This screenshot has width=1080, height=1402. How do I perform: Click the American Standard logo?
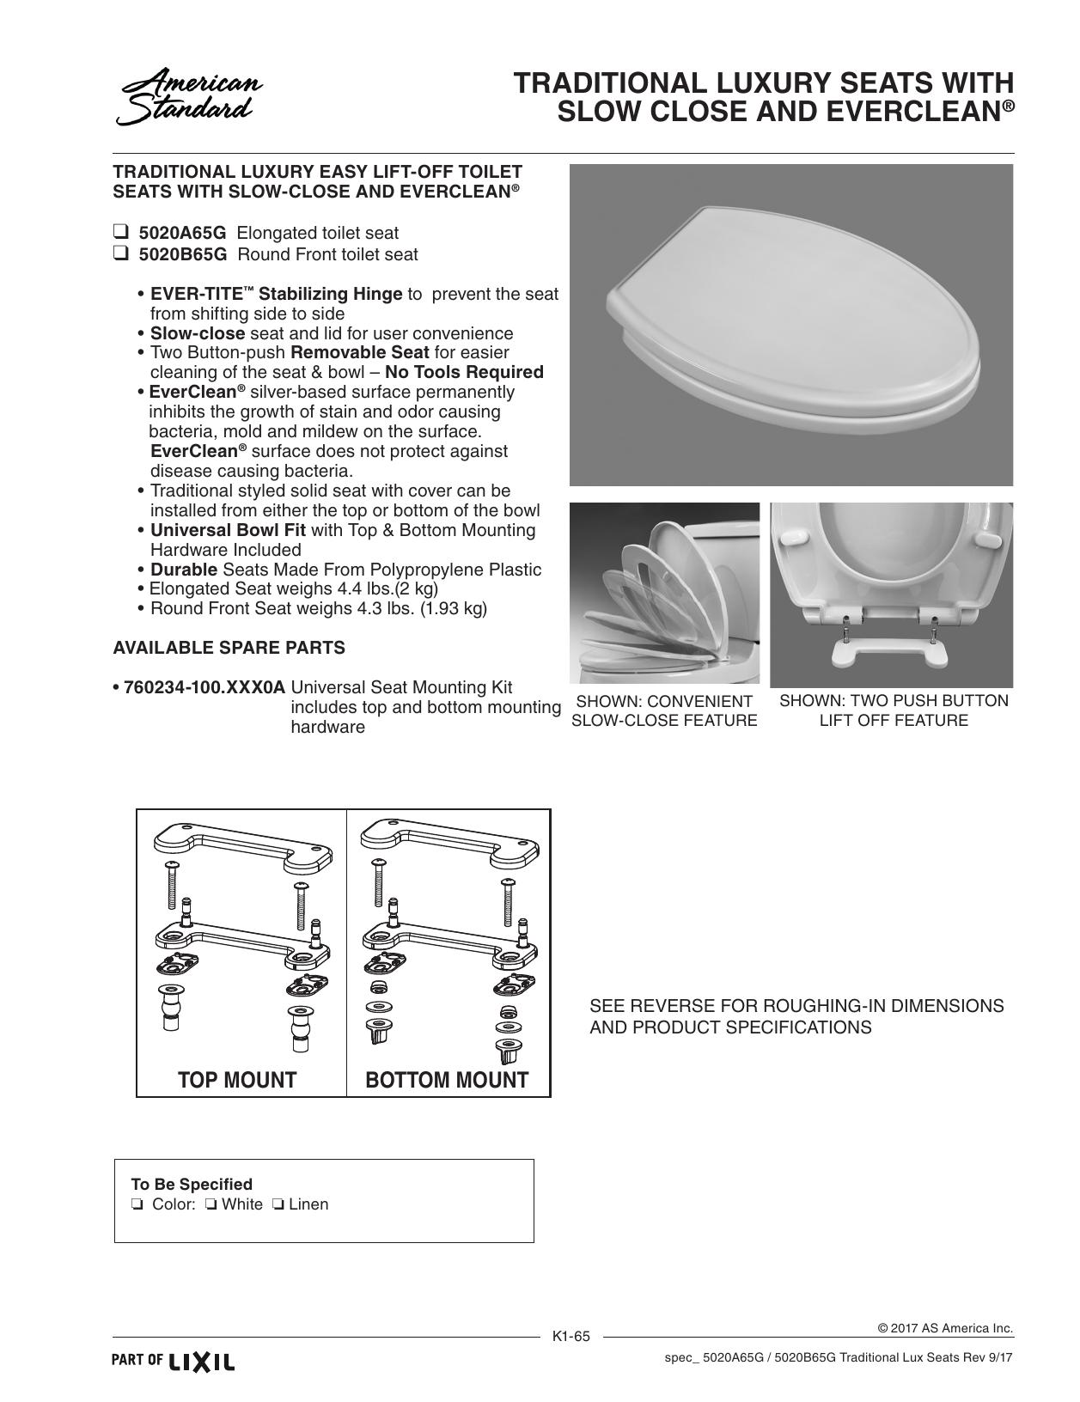click(189, 97)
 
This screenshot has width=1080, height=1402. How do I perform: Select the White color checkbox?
click(211, 1204)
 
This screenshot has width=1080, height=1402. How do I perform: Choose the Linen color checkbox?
click(278, 1204)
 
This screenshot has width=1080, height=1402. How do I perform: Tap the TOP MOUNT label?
click(237, 1080)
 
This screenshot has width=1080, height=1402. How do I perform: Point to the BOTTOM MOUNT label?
click(447, 1080)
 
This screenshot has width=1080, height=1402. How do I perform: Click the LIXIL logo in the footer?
click(201, 1362)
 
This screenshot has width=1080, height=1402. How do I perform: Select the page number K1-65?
click(571, 1336)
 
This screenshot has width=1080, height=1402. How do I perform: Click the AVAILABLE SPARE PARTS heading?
click(229, 648)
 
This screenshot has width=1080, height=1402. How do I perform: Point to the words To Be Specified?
click(192, 1184)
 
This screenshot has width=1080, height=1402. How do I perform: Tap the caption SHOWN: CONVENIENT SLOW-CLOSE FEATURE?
click(664, 711)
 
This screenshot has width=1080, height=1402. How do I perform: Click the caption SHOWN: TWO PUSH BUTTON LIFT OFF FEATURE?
click(894, 710)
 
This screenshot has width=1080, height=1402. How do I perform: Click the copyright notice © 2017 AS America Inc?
click(946, 1328)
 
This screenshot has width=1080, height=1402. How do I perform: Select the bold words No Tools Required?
click(465, 372)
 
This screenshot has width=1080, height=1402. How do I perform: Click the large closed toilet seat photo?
click(791, 325)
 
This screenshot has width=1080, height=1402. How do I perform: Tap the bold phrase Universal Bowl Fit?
click(228, 530)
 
